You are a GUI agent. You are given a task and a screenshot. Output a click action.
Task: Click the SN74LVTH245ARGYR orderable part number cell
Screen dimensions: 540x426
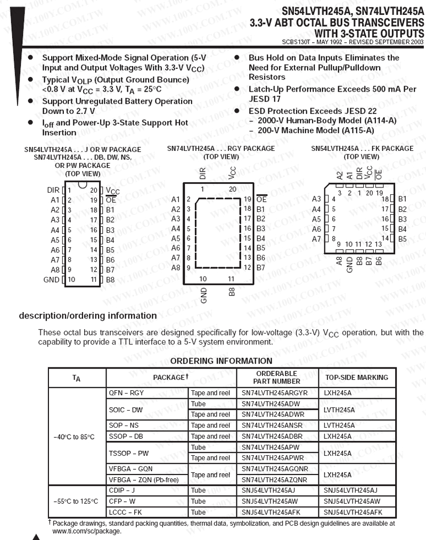click(x=275, y=393)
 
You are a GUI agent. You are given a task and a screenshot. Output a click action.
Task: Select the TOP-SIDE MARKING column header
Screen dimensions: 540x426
click(x=356, y=378)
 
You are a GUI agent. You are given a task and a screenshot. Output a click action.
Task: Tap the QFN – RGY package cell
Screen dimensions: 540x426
click(x=126, y=393)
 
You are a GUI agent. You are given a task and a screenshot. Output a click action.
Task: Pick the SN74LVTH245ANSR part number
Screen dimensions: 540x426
click(x=272, y=426)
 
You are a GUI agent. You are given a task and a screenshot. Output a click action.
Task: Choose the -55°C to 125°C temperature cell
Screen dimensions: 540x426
click(x=76, y=502)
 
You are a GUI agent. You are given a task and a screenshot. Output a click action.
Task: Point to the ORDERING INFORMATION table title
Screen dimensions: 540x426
click(x=221, y=361)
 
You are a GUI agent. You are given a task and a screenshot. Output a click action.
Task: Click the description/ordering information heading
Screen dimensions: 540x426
click(x=88, y=316)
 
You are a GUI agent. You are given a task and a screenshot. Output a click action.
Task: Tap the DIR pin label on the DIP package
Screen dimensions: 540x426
click(x=53, y=190)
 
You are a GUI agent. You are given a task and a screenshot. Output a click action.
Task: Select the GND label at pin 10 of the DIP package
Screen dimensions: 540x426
click(x=51, y=280)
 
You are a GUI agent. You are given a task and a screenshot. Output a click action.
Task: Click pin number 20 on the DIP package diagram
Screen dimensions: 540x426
click(x=93, y=190)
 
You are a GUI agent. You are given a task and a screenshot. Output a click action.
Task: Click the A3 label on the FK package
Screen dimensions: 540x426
click(x=316, y=199)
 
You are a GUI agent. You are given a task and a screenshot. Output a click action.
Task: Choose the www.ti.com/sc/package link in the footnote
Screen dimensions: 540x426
click(x=86, y=531)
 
